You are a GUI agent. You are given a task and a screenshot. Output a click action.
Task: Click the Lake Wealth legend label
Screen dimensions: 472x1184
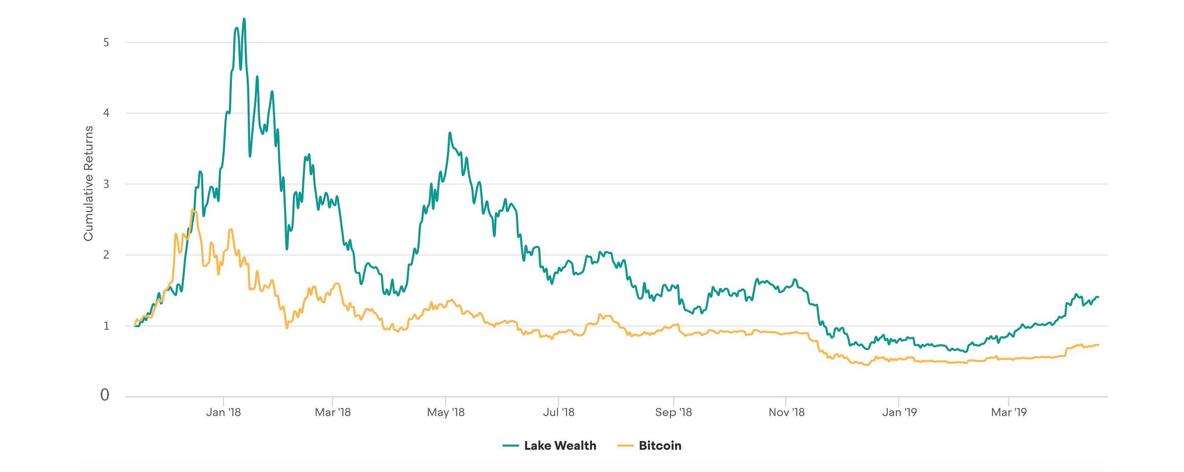(x=560, y=446)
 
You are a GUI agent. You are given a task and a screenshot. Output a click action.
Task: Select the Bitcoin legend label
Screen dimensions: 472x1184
(x=660, y=446)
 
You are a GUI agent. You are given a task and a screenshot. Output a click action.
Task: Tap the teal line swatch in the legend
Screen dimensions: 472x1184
(x=511, y=446)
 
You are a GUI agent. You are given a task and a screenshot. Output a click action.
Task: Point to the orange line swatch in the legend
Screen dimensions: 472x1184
(x=625, y=446)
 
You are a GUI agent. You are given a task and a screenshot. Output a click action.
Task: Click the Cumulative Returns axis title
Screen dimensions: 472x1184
(x=88, y=183)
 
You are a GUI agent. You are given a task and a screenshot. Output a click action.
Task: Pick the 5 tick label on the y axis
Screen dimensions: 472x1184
(x=106, y=42)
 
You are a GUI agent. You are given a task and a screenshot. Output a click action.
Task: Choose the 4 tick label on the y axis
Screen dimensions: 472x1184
(x=106, y=113)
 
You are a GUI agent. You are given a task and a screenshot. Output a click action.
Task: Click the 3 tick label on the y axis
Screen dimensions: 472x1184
(x=106, y=184)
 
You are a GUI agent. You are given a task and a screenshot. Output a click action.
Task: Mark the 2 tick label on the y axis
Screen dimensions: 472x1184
(x=106, y=255)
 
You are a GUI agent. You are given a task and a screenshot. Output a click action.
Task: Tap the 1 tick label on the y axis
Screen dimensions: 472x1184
(x=106, y=326)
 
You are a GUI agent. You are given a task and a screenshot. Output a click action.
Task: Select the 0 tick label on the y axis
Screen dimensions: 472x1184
(x=105, y=395)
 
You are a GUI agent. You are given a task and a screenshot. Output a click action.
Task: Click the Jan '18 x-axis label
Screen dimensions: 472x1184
(x=223, y=412)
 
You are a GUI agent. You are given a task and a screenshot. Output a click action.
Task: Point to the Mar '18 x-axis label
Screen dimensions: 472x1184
(x=333, y=412)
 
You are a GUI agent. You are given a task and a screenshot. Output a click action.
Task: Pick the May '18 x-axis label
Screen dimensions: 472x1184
(x=445, y=412)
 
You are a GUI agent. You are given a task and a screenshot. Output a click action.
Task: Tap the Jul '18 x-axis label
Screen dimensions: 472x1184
(x=558, y=412)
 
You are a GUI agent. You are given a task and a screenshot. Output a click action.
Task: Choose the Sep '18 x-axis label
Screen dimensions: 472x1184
(x=673, y=412)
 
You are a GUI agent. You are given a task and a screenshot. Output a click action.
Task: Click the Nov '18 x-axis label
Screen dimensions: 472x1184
(x=786, y=412)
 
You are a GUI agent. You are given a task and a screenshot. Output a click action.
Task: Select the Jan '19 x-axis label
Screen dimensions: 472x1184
(x=899, y=412)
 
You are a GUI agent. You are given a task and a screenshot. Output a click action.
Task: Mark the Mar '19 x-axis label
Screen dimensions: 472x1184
(x=1009, y=412)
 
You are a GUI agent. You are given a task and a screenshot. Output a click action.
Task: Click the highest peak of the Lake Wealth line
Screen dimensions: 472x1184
(x=244, y=19)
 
